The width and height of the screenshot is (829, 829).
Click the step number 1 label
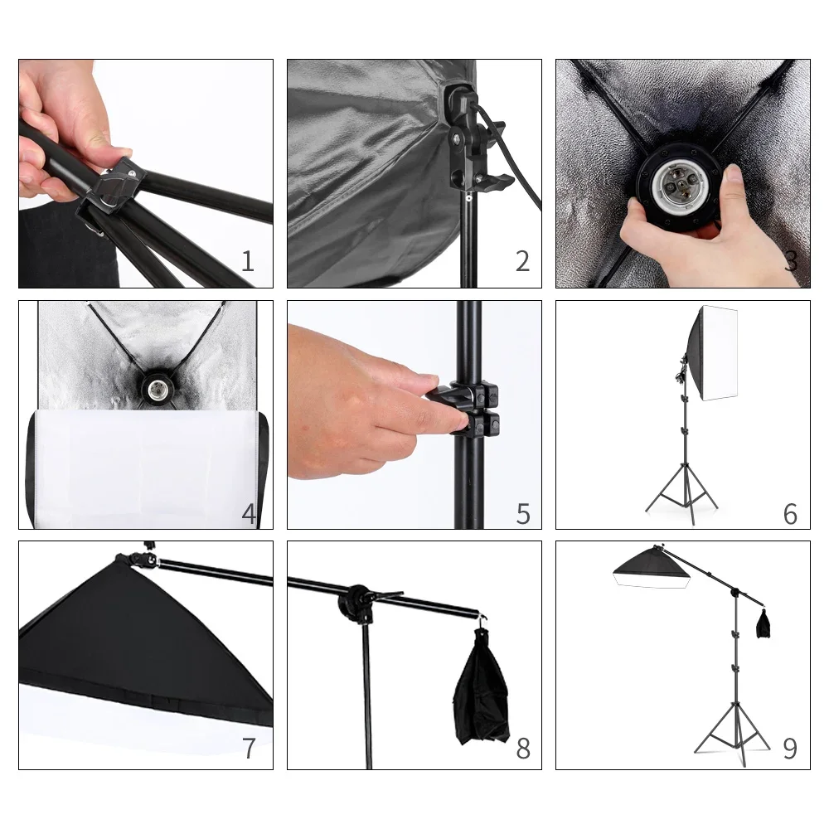(247, 261)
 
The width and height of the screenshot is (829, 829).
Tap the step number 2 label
(521, 261)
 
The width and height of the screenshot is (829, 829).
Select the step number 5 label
(522, 513)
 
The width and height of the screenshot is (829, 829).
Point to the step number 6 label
(790, 513)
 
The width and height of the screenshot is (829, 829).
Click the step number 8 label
(522, 749)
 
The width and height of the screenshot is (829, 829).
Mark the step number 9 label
(790, 749)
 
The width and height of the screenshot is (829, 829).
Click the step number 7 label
(248, 749)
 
